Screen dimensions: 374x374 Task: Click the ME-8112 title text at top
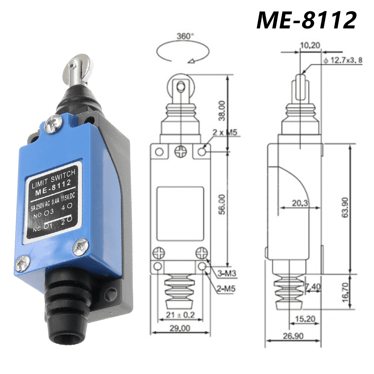tap(306, 19)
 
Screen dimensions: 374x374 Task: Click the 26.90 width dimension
tap(293, 335)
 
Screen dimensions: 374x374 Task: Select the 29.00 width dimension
tap(180, 328)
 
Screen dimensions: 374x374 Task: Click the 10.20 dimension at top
tap(310, 46)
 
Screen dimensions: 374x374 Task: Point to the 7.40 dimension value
tap(312, 286)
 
